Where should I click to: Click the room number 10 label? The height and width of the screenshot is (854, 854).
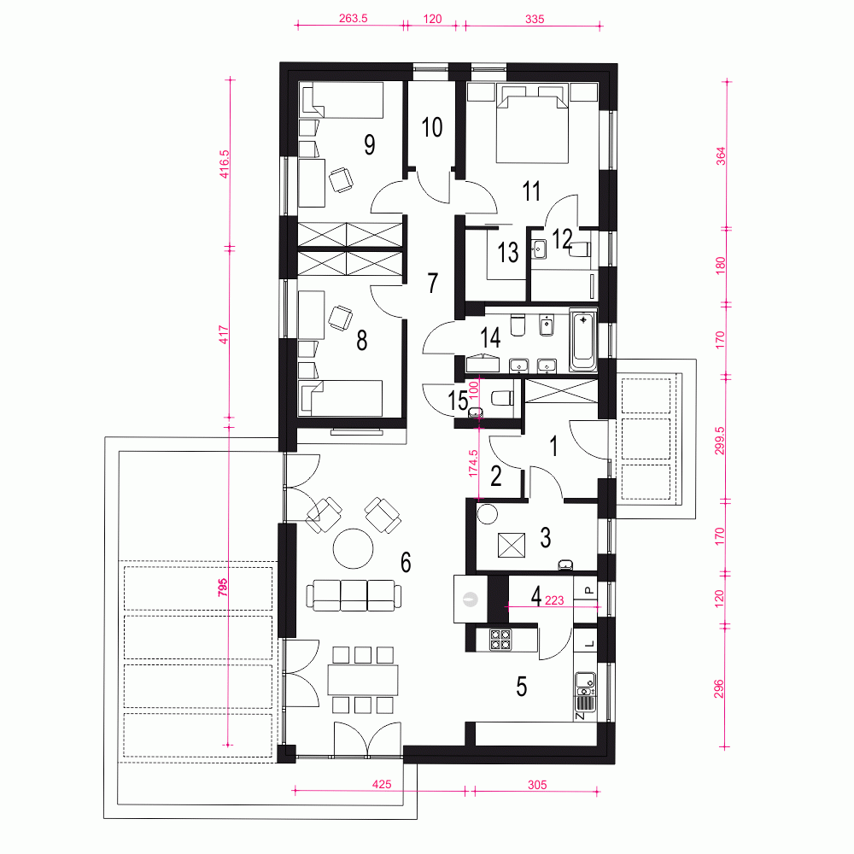[432, 127]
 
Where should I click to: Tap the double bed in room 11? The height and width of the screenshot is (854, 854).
[532, 124]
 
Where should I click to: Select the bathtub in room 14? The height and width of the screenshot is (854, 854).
[582, 341]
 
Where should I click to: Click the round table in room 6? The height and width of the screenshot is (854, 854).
[354, 548]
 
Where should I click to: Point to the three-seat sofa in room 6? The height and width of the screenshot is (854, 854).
[354, 595]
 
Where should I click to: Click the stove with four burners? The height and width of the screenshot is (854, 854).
[500, 640]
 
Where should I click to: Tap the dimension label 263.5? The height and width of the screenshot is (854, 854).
[353, 18]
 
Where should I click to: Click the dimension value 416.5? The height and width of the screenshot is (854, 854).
[224, 165]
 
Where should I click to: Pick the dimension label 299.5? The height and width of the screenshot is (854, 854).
[719, 441]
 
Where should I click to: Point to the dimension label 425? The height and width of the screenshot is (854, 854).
[381, 784]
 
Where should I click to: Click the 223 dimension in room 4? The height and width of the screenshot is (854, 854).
[554, 600]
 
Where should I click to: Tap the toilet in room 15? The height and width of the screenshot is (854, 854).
[501, 399]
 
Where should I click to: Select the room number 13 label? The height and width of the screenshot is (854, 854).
[507, 252]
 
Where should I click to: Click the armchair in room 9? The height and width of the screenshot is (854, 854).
[341, 179]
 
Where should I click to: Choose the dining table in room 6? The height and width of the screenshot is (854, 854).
[363, 679]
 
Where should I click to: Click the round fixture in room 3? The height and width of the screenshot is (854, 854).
[487, 514]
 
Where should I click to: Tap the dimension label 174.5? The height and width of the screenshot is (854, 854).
[473, 464]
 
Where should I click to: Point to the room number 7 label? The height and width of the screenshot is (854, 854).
[432, 284]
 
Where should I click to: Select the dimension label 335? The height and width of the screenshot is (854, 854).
[535, 19]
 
